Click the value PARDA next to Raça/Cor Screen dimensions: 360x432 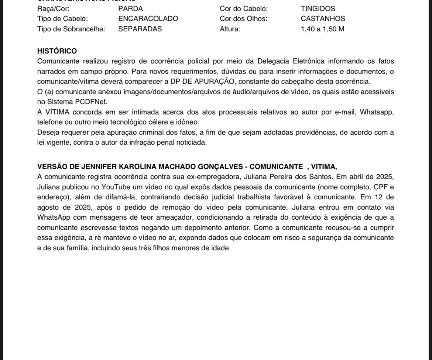pyautogui.click(x=130, y=8)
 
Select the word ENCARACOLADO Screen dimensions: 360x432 pyautogui.click(x=148, y=19)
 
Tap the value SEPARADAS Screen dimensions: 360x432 pyautogui.click(x=140, y=29)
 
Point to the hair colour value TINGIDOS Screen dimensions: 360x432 pyautogui.click(x=318, y=8)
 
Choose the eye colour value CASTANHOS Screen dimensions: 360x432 pyautogui.click(x=323, y=19)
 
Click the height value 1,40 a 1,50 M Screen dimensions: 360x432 pyautogui.click(x=322, y=29)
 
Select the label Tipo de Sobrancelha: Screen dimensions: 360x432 pyautogui.click(x=71, y=29)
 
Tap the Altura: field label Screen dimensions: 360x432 pyautogui.click(x=230, y=29)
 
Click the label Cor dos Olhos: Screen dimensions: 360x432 pyautogui.click(x=243, y=19)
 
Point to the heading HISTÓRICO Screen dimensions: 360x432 pyautogui.click(x=57, y=51)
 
